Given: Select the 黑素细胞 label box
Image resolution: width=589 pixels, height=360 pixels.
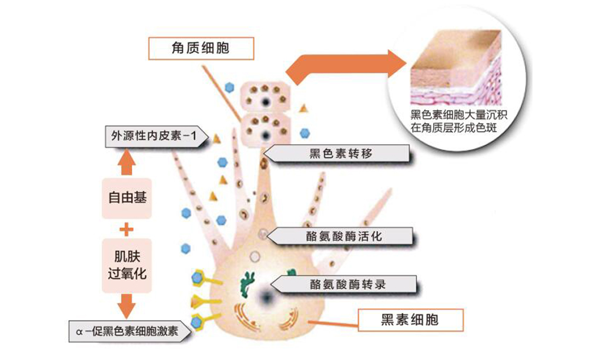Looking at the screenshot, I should (x=410, y=320).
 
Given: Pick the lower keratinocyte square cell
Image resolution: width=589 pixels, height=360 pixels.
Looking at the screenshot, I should (x=266, y=129).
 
